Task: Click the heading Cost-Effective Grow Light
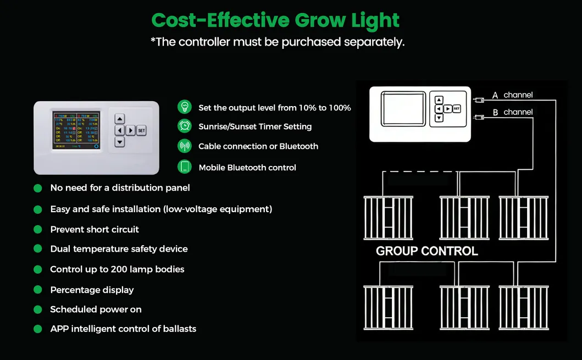point(275,20)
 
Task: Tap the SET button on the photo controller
point(141,130)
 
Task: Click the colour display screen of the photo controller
point(76,130)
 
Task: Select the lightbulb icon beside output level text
point(185,107)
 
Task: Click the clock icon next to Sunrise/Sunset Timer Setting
point(185,126)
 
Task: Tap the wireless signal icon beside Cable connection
point(185,146)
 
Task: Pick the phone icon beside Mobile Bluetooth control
point(185,167)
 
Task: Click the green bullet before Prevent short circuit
point(38,229)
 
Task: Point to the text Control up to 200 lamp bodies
point(117,269)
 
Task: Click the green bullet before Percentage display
point(38,290)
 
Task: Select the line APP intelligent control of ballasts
point(123,329)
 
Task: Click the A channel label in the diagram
point(512,95)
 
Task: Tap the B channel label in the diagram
point(512,112)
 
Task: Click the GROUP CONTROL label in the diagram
point(426,251)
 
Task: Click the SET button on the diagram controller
point(457,109)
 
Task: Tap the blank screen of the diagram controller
point(404,109)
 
